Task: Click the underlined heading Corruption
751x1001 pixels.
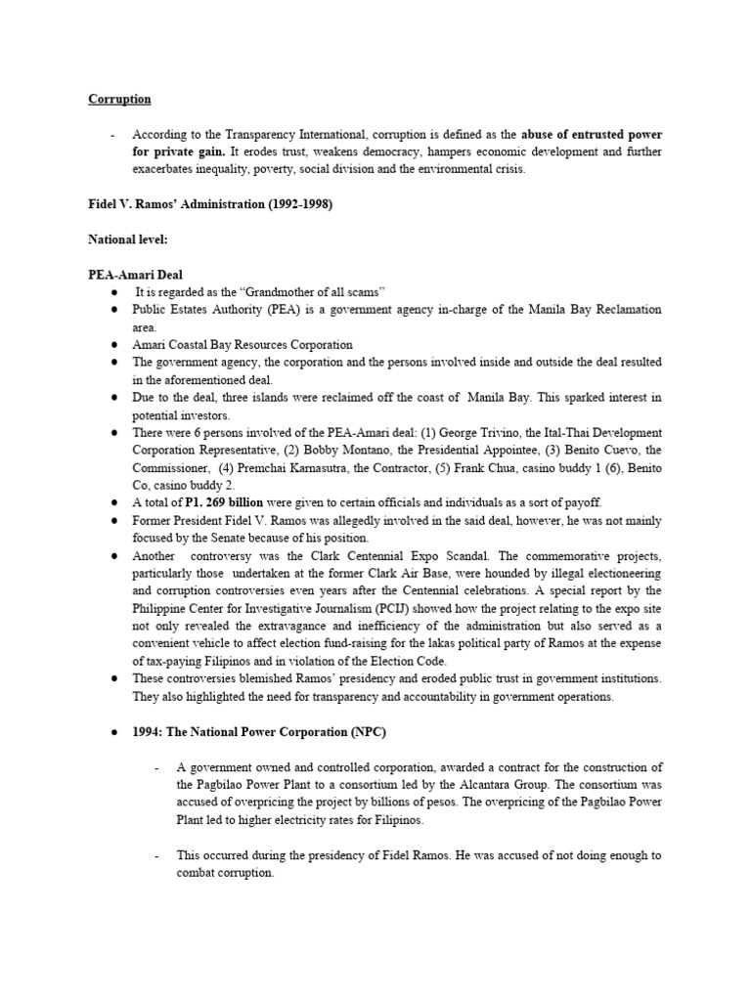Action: [119, 99]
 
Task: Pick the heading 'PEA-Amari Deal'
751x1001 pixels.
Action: [135, 275]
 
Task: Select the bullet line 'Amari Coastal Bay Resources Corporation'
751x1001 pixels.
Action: [243, 345]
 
